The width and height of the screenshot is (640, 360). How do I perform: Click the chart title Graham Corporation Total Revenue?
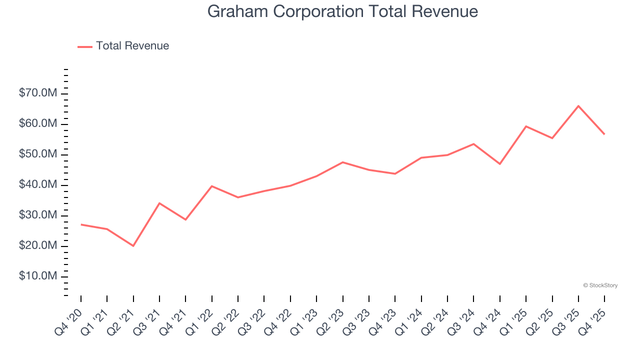[x=342, y=11]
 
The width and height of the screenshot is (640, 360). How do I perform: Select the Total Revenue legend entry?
[x=123, y=46]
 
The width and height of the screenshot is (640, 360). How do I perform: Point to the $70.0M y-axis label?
[x=38, y=93]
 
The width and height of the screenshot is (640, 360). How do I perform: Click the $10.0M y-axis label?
[x=38, y=276]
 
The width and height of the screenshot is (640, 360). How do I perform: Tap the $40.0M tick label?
[x=38, y=185]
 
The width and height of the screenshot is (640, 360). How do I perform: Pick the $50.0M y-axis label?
[x=38, y=154]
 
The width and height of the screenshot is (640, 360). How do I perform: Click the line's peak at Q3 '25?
[x=578, y=105]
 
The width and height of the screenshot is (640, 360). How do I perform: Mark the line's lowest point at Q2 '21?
[x=133, y=246]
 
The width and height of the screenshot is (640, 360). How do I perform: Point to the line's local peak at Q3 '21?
[x=159, y=203]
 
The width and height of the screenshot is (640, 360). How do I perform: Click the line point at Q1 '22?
[x=212, y=186]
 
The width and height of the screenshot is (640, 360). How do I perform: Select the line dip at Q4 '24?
[x=500, y=164]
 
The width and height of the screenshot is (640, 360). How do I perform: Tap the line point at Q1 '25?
[x=526, y=126]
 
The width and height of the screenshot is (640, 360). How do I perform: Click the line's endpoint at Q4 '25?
[x=604, y=134]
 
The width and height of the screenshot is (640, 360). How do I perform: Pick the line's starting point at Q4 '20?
[x=81, y=224]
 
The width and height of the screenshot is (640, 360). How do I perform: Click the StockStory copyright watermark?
[x=600, y=285]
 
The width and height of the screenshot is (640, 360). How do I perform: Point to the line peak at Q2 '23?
[x=343, y=162]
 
